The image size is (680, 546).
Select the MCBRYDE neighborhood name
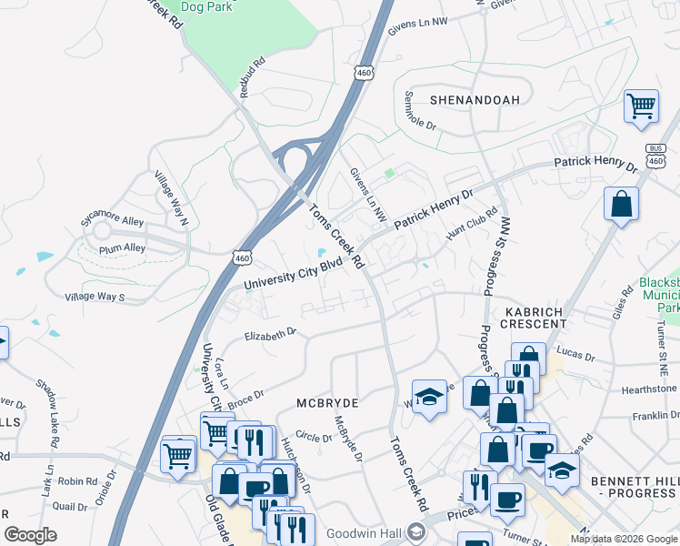pyautogui.click(x=328, y=401)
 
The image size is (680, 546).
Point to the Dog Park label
pyautogui.click(x=206, y=7)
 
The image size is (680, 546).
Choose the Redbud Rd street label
pyautogui.click(x=252, y=78)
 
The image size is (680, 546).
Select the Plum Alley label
pyautogui.click(x=123, y=248)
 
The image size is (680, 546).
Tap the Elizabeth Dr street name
pyautogui.click(x=271, y=335)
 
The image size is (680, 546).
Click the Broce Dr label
pyautogui.click(x=245, y=398)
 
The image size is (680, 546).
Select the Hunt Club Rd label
pyautogui.click(x=472, y=224)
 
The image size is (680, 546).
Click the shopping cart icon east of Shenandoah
pyautogui.click(x=641, y=106)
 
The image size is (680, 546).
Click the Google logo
pyautogui.click(x=30, y=535)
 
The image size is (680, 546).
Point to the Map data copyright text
pyautogui.click(x=625, y=539)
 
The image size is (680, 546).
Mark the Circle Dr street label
pyautogui.click(x=314, y=438)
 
